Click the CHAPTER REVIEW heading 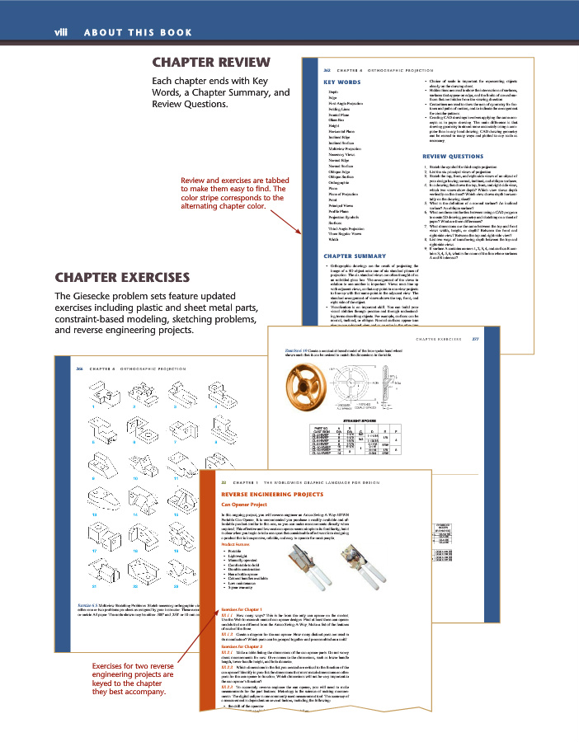(x=213, y=63)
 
